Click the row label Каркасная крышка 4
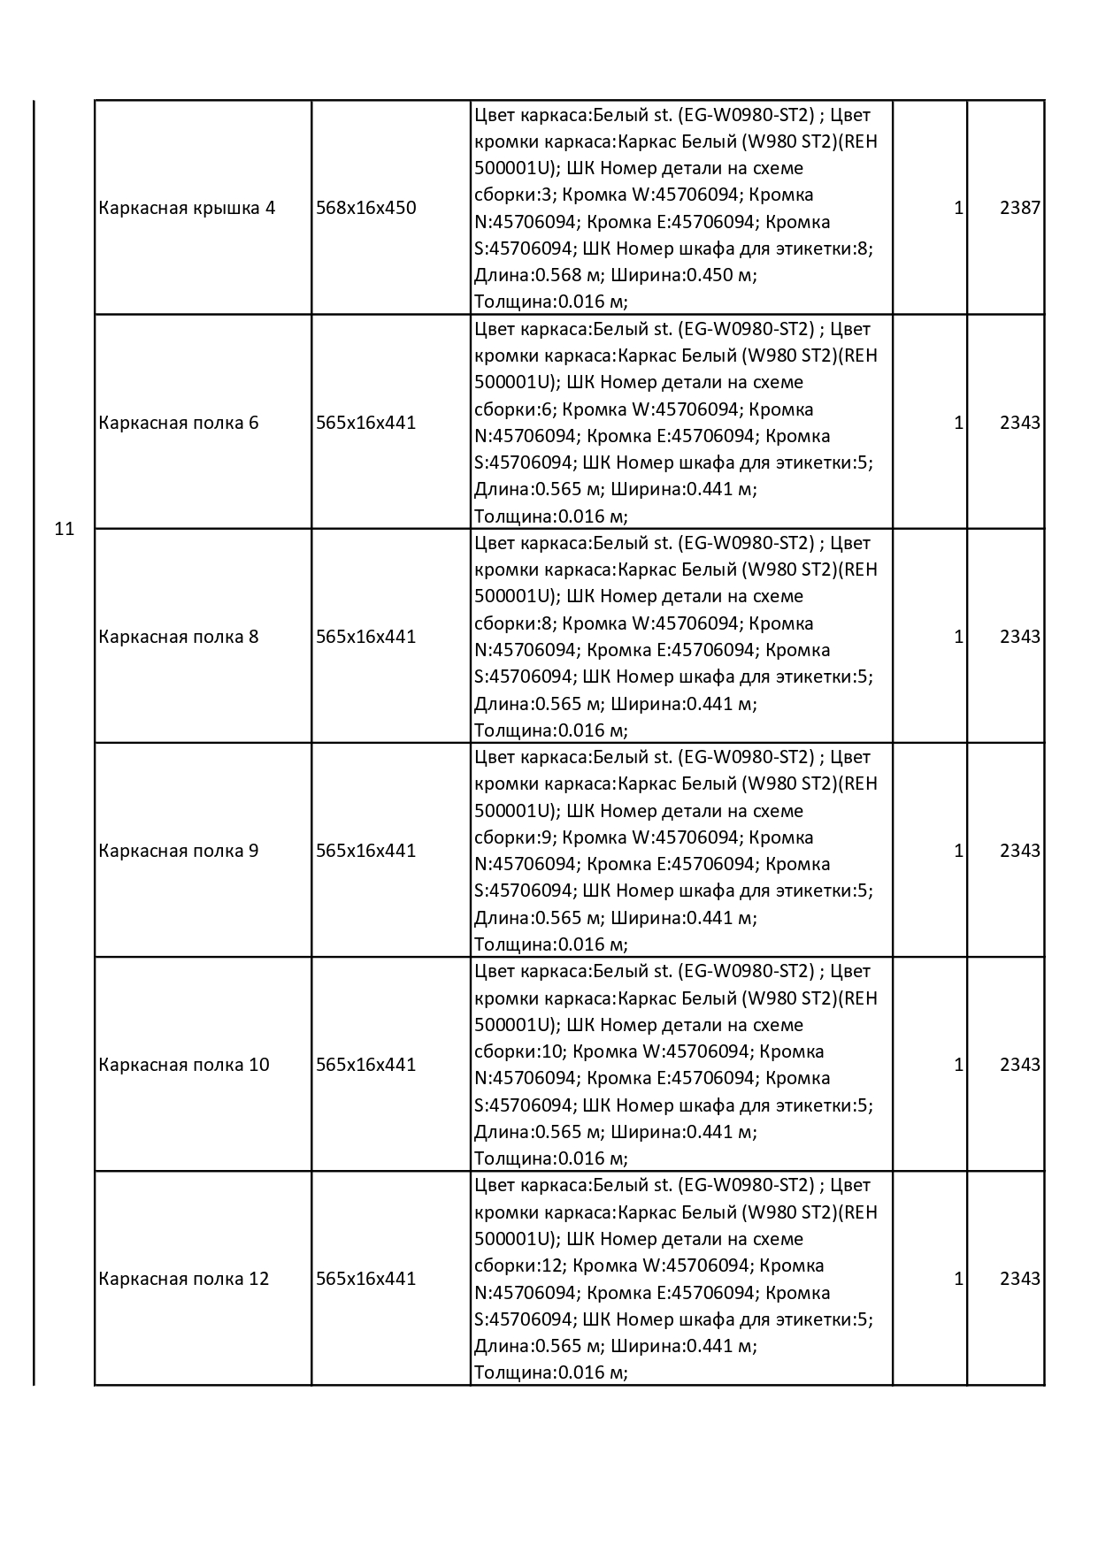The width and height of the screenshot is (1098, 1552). pos(187,208)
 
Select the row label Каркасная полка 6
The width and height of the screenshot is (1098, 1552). pos(179,423)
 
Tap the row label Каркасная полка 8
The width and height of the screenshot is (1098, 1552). pos(179,637)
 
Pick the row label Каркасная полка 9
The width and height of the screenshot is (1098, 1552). pos(179,851)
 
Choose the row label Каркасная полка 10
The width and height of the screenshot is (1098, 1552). pos(184,1065)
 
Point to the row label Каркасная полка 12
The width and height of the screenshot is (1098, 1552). pos(184,1279)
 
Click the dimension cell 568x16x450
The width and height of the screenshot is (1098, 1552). pos(365,208)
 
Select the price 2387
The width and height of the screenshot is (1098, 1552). pos(1019,208)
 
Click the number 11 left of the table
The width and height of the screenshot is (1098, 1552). pos(64,530)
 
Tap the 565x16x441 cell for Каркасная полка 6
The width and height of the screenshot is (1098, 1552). pos(365,423)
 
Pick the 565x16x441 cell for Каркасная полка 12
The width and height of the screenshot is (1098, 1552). pos(365,1279)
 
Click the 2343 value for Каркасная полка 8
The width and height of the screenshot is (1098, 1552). pos(1019,637)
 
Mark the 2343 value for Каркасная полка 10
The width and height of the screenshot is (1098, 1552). pos(1019,1065)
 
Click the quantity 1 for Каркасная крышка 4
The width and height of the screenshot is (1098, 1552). pos(958,208)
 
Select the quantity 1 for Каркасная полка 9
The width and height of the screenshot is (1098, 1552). pos(958,851)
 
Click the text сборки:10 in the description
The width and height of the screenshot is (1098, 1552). pos(516,1051)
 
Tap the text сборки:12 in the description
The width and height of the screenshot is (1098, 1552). pos(516,1265)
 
